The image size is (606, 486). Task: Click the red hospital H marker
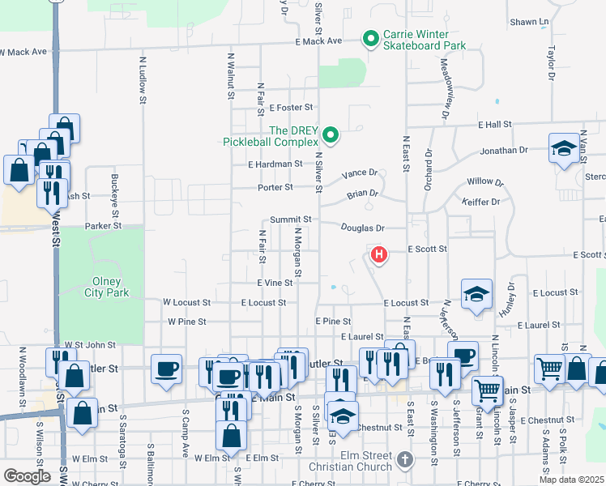click(378, 256)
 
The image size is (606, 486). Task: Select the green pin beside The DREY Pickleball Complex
click(330, 134)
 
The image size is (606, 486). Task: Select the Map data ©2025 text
click(572, 480)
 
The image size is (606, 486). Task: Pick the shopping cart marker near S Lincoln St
click(487, 390)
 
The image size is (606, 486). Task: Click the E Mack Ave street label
click(319, 40)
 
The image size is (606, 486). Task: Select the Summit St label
click(291, 220)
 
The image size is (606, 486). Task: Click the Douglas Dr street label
click(362, 229)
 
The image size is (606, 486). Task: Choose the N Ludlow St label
click(142, 79)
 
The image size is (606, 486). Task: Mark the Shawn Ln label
click(530, 22)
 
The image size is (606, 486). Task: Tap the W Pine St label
click(189, 322)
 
